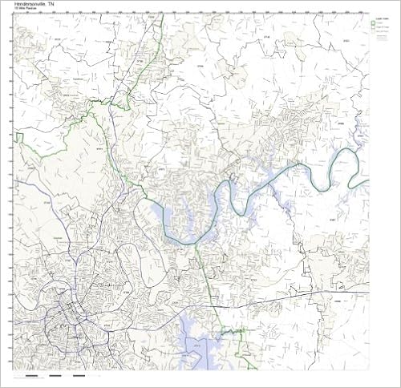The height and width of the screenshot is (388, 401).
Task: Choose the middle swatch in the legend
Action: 373,28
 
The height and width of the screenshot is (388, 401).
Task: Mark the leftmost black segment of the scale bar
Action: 30,374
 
